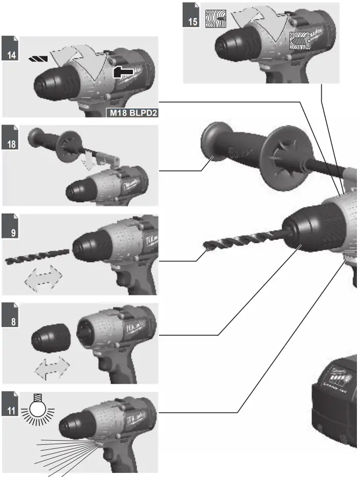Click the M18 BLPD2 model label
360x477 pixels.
tap(131, 113)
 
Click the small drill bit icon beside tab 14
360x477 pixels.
tap(37, 59)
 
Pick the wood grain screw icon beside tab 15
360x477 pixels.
tap(215, 18)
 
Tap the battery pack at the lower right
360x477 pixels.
tap(335, 399)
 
